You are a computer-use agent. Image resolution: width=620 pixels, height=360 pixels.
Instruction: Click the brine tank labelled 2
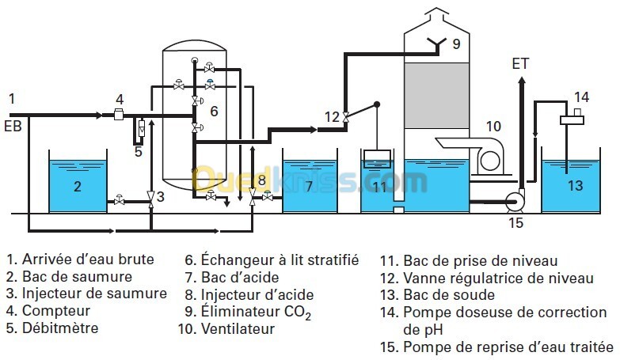coord(78,186)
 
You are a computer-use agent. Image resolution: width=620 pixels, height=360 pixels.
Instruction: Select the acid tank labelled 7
coord(309,186)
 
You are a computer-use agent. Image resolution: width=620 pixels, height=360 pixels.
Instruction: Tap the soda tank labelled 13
coord(573,186)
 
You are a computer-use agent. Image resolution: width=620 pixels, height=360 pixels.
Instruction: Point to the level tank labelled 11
coord(381,187)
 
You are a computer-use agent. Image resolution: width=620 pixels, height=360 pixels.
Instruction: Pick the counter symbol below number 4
coord(120,116)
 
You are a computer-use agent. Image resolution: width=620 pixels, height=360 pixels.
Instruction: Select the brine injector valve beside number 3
coord(151,199)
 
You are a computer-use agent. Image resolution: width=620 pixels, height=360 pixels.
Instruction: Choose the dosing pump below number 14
coord(570,119)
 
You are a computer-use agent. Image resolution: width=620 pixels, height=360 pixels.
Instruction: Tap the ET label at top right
coord(520,64)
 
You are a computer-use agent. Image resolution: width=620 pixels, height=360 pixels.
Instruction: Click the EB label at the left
coord(13,125)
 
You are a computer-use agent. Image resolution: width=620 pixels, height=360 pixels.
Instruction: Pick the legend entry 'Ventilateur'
coord(237,328)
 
